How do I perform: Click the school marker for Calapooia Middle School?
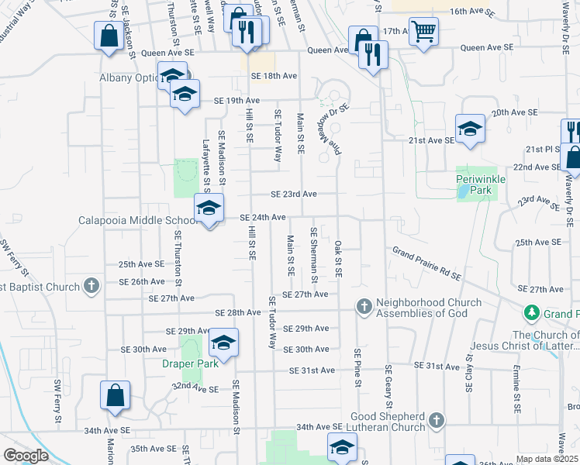(x=209, y=208)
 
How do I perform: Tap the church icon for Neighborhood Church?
(x=363, y=308)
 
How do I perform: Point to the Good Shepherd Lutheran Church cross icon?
(x=437, y=421)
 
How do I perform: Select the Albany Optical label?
(x=129, y=78)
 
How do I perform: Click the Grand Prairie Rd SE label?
(x=426, y=263)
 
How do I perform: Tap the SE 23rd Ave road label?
(x=294, y=194)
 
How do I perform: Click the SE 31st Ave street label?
(x=311, y=370)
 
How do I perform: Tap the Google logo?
(x=26, y=456)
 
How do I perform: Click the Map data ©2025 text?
(x=547, y=459)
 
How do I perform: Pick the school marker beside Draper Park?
(x=223, y=343)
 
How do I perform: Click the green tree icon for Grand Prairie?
(x=532, y=313)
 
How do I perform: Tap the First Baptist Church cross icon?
(x=91, y=286)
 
